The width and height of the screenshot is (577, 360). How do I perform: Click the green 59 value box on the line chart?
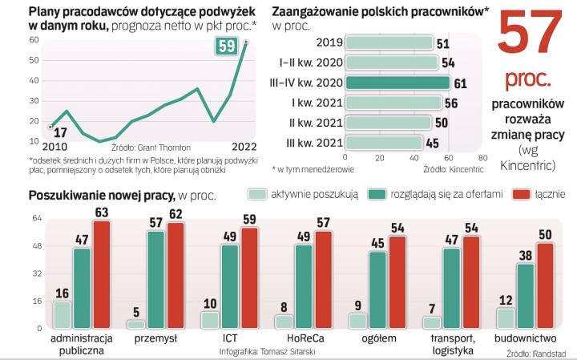click(226, 46)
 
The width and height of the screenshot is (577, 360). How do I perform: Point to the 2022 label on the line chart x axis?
click(244, 148)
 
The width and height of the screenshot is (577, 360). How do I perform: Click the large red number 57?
click(528, 36)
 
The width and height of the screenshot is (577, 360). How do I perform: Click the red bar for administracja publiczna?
click(101, 274)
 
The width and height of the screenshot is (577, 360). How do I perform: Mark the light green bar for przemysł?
click(136, 324)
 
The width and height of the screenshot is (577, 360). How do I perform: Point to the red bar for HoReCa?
click(323, 279)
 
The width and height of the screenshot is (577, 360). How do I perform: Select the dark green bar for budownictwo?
click(526, 296)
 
